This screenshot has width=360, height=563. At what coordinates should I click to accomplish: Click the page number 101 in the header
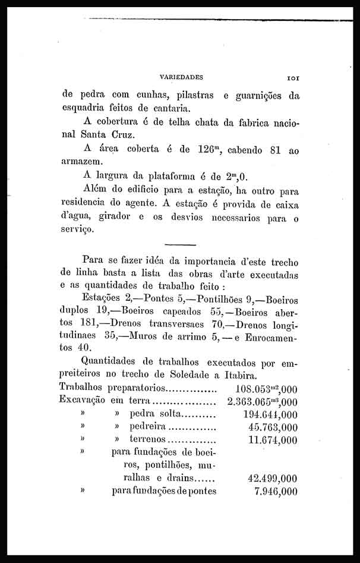click(x=295, y=77)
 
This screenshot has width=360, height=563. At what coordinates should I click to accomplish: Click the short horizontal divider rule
click(x=179, y=244)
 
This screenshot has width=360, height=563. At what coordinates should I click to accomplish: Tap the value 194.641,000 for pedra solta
click(x=270, y=414)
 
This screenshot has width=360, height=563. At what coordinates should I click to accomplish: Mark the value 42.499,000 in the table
click(x=272, y=478)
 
